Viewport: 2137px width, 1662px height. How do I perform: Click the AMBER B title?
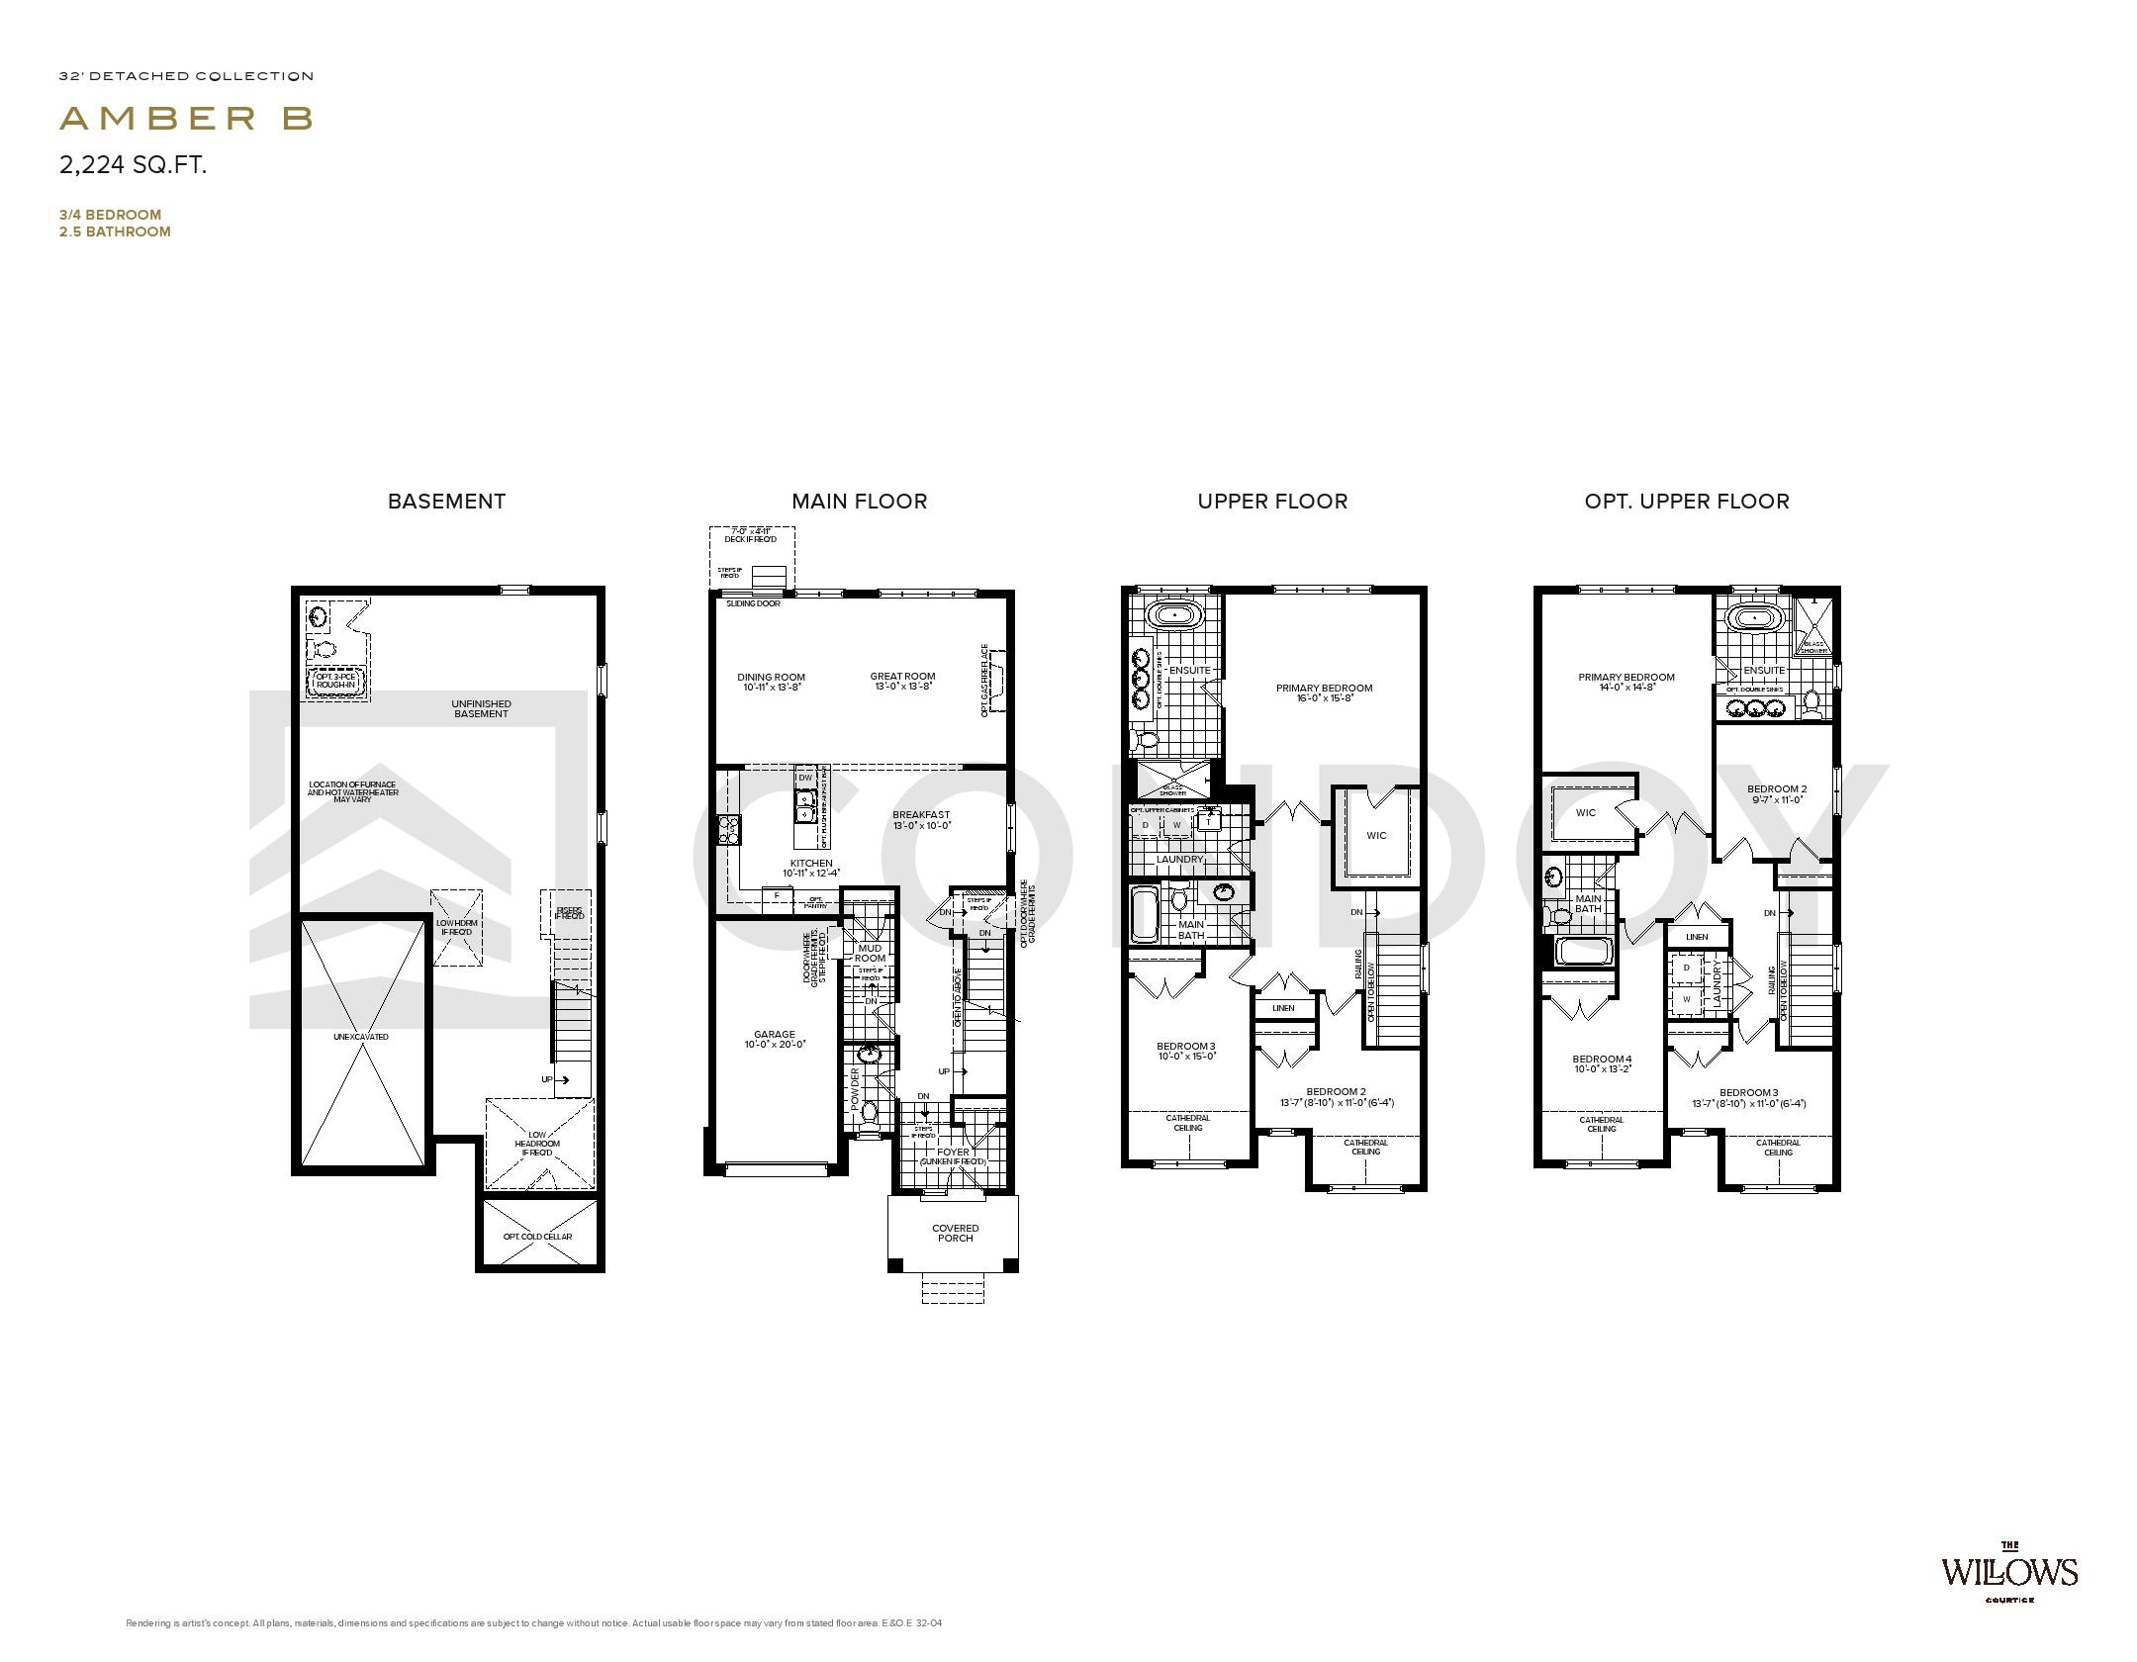click(x=186, y=119)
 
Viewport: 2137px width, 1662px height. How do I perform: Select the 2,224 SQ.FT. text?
click(x=133, y=165)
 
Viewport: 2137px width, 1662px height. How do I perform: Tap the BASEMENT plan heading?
click(x=446, y=502)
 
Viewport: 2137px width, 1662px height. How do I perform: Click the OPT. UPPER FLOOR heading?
click(x=1686, y=502)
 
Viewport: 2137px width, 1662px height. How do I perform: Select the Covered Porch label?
click(x=955, y=1233)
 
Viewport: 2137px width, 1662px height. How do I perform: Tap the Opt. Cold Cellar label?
click(x=537, y=1237)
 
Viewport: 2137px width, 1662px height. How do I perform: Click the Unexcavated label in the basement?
click(x=361, y=1037)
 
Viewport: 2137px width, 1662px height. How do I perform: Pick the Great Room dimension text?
click(x=903, y=687)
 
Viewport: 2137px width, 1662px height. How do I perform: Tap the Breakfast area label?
click(x=920, y=815)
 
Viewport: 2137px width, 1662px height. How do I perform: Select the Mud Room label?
click(x=870, y=953)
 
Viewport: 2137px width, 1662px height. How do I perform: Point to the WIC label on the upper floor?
click(x=1376, y=835)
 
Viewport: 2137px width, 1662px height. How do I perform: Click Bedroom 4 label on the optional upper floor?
click(x=1602, y=1059)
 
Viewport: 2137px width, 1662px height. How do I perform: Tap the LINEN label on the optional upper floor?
click(x=1697, y=936)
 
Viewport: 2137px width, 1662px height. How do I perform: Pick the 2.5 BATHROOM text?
click(x=115, y=231)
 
